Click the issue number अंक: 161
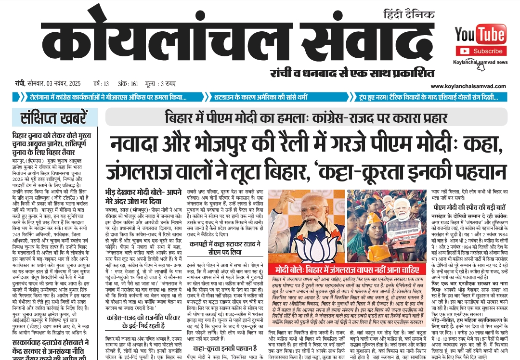point(128,83)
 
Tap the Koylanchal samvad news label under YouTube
point(480,62)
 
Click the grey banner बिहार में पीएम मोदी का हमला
point(306,117)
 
